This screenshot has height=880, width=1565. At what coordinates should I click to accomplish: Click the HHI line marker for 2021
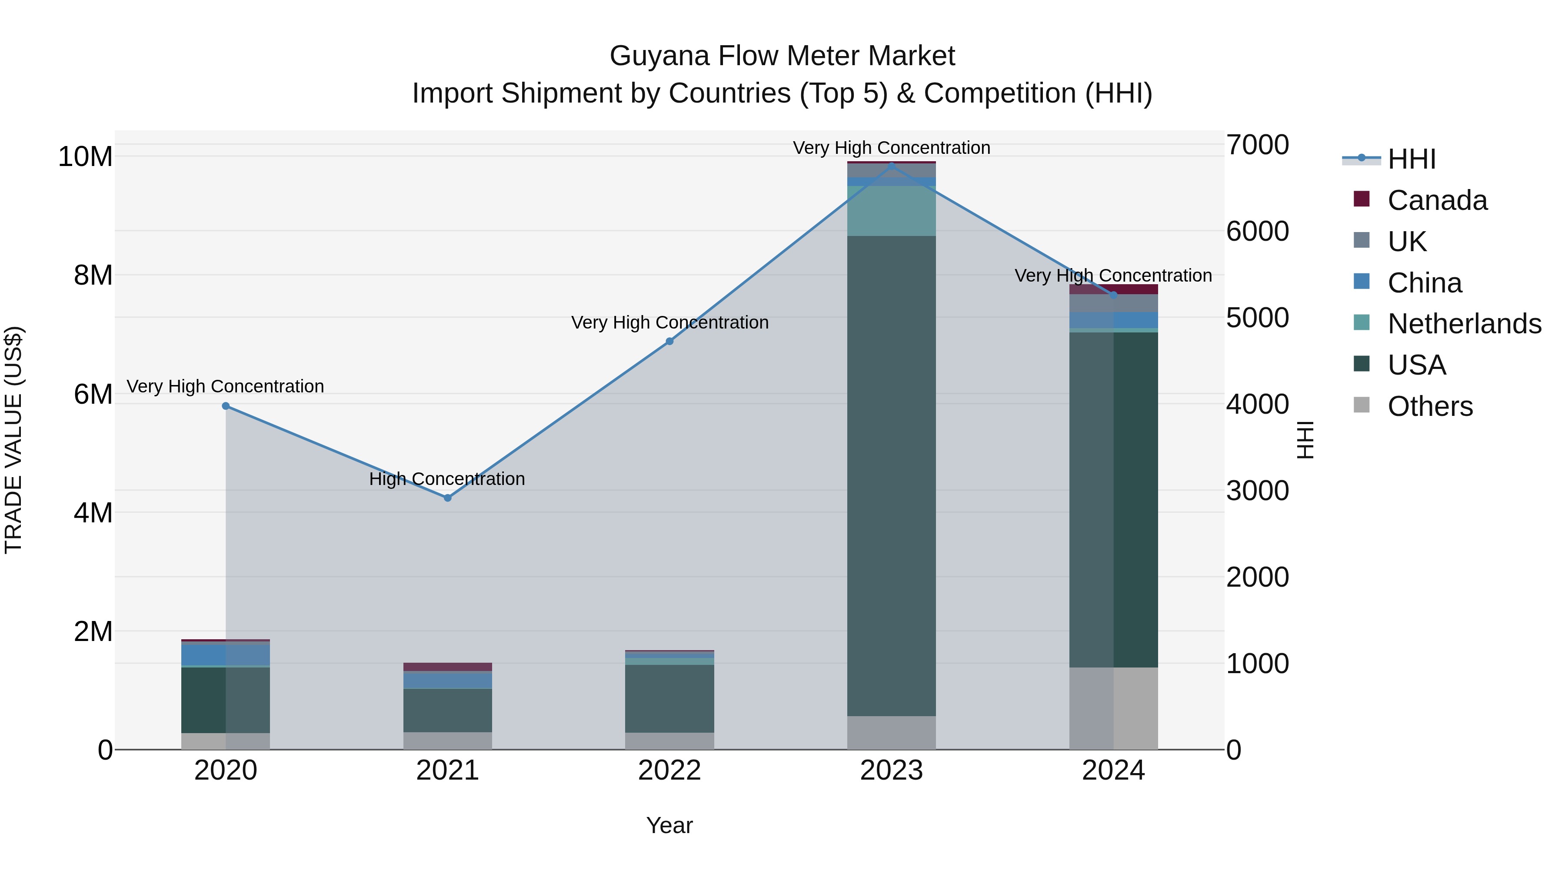[x=448, y=498]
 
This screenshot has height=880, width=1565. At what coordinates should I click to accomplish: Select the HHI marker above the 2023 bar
[x=891, y=166]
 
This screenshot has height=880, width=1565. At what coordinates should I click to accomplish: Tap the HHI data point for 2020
[x=226, y=406]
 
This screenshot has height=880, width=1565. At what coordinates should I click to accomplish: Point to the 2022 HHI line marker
[x=669, y=341]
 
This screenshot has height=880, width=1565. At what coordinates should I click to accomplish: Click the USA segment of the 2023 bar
[x=891, y=474]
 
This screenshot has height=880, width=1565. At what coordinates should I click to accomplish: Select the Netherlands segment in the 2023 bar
[x=891, y=211]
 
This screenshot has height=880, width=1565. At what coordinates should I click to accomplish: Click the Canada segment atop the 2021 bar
[x=448, y=667]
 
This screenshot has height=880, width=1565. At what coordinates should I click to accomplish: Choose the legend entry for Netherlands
[x=1464, y=324]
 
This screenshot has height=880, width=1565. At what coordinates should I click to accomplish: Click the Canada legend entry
[x=1437, y=200]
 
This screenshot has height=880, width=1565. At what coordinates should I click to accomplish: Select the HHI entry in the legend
[x=1411, y=159]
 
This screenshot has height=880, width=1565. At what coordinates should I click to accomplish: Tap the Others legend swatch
[x=1362, y=405]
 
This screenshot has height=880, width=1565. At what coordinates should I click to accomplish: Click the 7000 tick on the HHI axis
[x=1257, y=145]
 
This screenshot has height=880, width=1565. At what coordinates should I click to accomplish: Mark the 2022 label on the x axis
[x=669, y=770]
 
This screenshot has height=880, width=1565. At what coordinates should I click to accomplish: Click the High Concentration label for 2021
[x=447, y=479]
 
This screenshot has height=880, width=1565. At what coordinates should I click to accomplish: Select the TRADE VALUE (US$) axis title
[x=13, y=440]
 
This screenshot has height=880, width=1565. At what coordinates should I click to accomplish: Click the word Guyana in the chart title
[x=659, y=56]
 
